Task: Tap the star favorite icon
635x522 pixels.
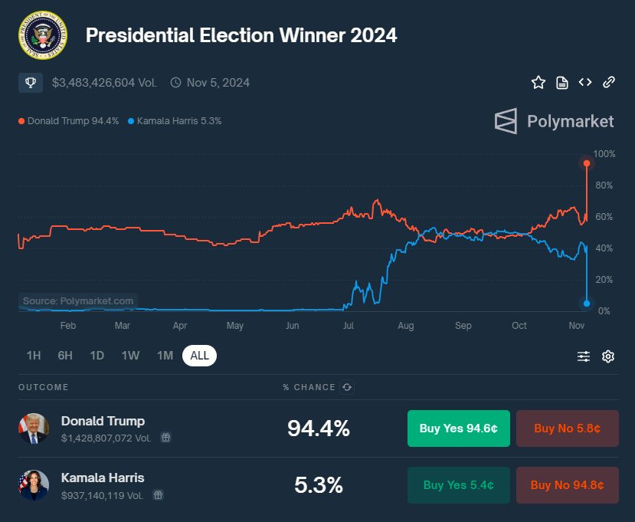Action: click(538, 82)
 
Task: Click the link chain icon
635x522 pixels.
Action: click(609, 82)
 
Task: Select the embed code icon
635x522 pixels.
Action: click(585, 82)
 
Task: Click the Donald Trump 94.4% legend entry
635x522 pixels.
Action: click(69, 121)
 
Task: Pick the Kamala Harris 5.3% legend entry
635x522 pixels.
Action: click(175, 121)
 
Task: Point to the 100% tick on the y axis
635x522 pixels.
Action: click(604, 154)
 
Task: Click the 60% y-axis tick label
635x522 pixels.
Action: click(604, 217)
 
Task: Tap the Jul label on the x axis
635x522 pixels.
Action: click(349, 326)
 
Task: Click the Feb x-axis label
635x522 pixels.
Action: click(67, 326)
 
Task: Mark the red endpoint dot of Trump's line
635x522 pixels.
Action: click(587, 163)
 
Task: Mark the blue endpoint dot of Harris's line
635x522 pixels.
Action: click(587, 304)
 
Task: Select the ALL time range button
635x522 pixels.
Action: click(199, 356)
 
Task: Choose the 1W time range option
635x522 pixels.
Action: click(130, 356)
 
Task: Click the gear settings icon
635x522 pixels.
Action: click(608, 356)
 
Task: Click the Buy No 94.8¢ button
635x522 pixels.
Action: click(567, 485)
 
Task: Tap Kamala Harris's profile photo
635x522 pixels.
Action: click(34, 485)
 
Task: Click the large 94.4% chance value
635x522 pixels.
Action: click(318, 428)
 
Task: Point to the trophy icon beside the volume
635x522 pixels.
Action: click(31, 82)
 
